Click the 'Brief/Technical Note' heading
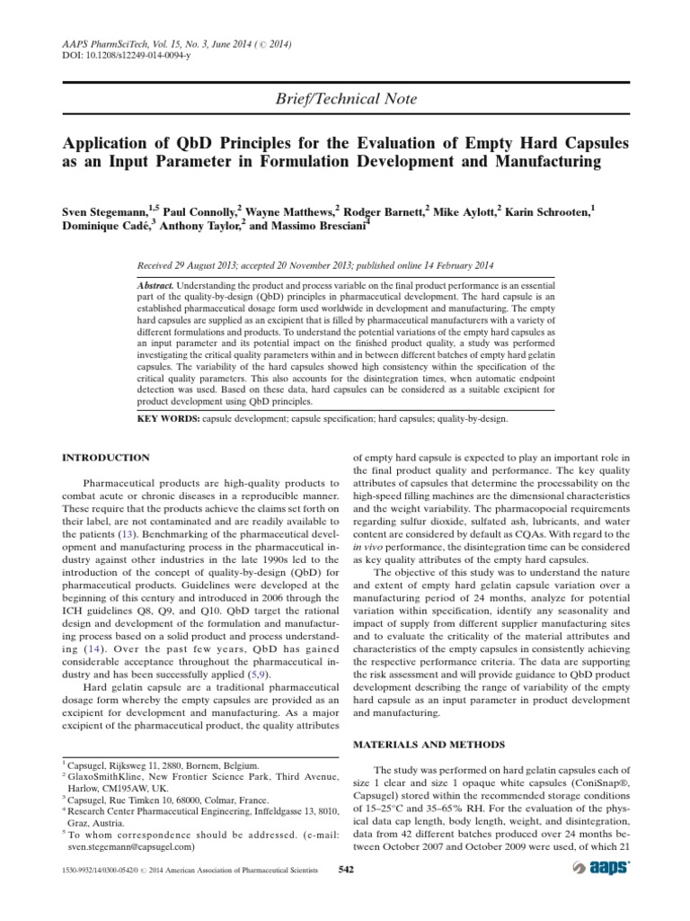[345, 99]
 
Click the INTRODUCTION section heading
[105, 458]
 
